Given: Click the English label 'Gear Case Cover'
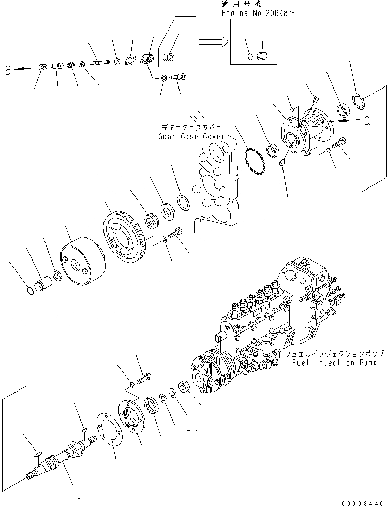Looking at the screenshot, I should (191, 136).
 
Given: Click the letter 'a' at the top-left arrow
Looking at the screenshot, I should (8, 70).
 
